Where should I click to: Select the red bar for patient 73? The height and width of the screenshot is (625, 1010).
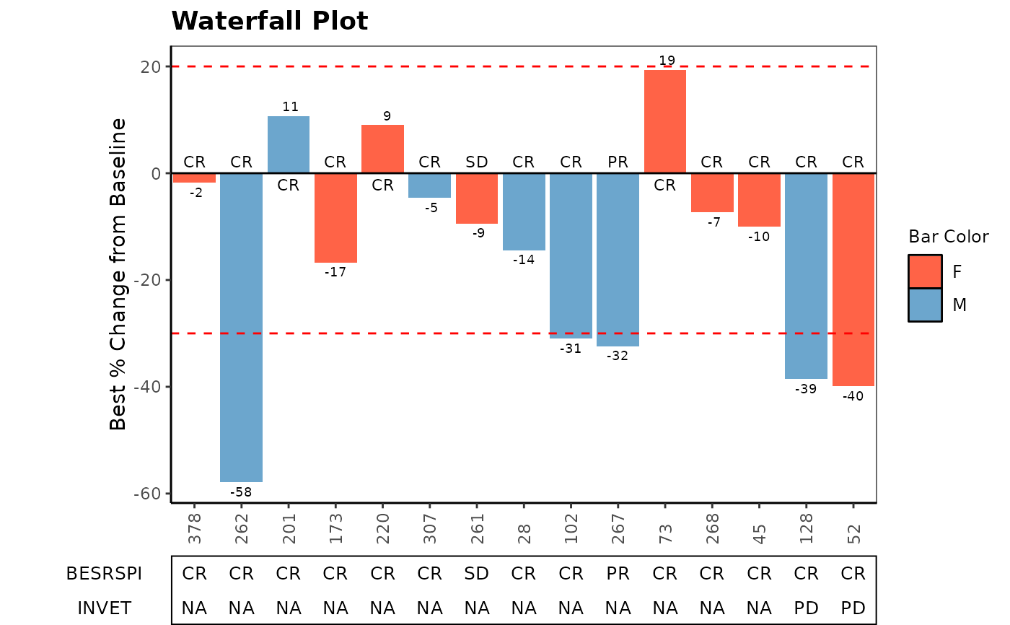click(x=665, y=121)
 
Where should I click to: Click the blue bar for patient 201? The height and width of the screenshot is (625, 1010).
click(x=289, y=144)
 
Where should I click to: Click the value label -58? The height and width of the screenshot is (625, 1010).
click(x=241, y=492)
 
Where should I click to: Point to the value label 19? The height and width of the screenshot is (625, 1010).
click(x=667, y=61)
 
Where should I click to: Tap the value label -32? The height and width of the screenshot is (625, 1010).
click(x=618, y=356)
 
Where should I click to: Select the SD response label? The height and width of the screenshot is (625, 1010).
click(x=477, y=162)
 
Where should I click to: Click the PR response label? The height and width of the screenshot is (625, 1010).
click(x=618, y=162)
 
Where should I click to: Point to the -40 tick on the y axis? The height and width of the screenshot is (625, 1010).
click(x=150, y=387)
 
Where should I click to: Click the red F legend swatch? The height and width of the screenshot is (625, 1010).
click(x=925, y=271)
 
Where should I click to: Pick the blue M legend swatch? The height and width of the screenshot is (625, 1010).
click(x=925, y=305)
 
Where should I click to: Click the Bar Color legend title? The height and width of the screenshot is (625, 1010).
click(x=948, y=237)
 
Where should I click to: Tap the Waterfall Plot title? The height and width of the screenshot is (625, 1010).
click(x=270, y=21)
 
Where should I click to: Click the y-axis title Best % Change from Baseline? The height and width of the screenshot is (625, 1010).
click(x=118, y=274)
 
